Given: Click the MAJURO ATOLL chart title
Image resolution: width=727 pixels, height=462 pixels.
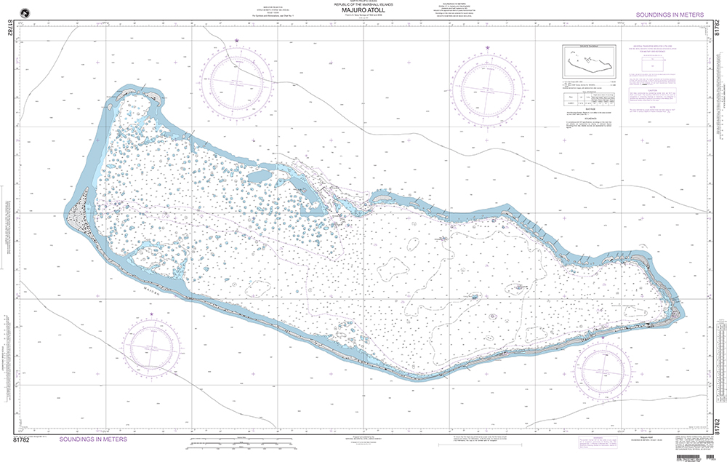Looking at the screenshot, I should click(363, 11).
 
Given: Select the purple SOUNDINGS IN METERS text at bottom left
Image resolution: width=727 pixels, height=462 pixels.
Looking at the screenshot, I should click(92, 439).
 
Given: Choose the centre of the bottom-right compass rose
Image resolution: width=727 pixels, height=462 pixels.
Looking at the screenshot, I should click(602, 367).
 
